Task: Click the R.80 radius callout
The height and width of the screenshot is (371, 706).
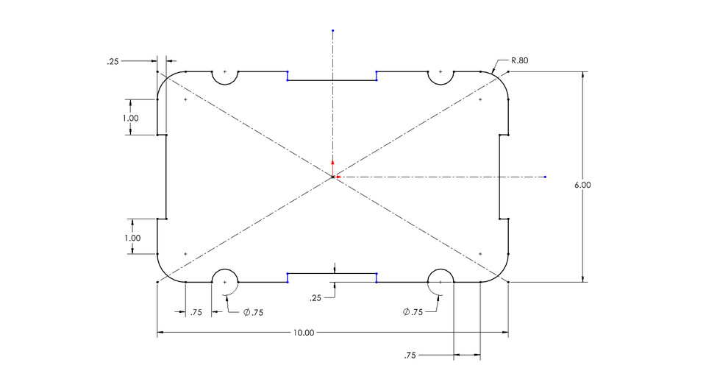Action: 518,61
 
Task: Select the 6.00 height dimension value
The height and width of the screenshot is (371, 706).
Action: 582,185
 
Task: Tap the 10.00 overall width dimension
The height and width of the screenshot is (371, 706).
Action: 303,333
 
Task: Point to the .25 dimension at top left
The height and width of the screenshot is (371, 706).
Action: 113,62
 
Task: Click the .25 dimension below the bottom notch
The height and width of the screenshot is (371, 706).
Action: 315,298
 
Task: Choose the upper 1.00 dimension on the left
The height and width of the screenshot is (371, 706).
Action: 131,118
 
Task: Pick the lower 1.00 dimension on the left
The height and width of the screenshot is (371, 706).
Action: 132,239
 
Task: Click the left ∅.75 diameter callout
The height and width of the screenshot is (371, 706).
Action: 252,312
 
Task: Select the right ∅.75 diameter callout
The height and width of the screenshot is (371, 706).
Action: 414,312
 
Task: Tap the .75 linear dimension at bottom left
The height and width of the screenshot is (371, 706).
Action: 196,312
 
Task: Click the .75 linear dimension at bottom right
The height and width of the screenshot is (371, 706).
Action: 410,356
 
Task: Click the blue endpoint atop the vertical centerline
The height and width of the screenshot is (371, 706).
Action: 332,31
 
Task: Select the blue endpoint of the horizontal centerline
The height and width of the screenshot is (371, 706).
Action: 545,177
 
